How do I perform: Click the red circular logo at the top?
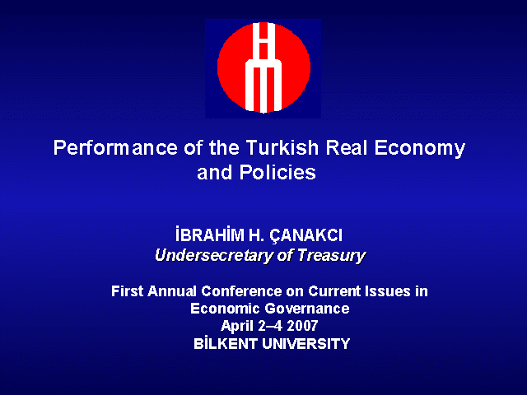click(263, 67)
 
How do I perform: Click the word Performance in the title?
click(115, 148)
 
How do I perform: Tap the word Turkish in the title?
click(282, 147)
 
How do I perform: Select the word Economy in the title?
click(420, 149)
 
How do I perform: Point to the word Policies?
click(277, 173)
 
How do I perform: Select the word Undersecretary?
click(214, 256)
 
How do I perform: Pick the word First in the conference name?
click(128, 290)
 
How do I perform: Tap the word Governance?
click(307, 309)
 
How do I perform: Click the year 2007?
click(302, 326)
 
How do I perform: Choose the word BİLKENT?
click(226, 343)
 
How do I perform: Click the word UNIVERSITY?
click(306, 344)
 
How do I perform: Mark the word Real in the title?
click(347, 147)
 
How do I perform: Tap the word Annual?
click(172, 290)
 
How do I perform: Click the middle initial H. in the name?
click(257, 235)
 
